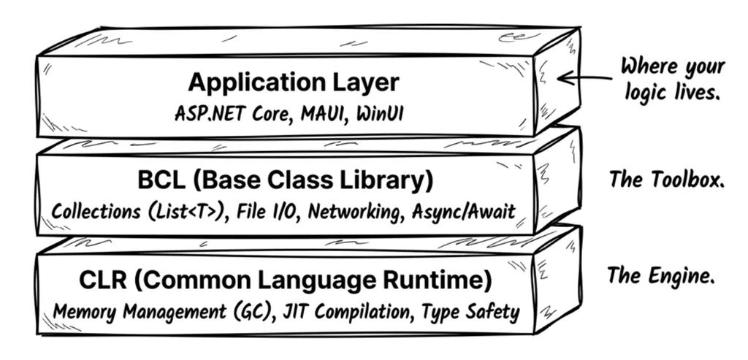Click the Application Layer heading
coord(294,82)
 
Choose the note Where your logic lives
coord(673,78)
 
